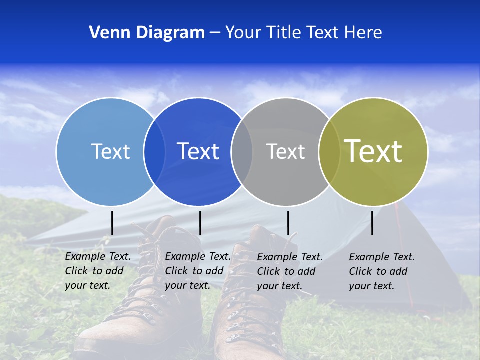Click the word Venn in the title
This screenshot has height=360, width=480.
pos(106,33)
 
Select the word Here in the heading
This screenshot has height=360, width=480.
pos(364,33)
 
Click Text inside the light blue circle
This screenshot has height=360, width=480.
pos(110,151)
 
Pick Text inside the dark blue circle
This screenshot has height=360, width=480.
pos(198,151)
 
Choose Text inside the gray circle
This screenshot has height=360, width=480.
pos(285,151)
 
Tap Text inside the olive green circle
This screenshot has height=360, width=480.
pos(373,151)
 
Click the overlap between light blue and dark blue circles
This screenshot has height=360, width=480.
pos(154,151)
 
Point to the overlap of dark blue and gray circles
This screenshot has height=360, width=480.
pos(242,151)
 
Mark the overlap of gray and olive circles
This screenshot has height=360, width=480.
pos(329,151)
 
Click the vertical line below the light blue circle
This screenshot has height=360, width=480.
pos(112,223)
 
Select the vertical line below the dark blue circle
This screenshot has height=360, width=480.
pos(200,223)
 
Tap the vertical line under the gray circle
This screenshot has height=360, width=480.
pos(288,223)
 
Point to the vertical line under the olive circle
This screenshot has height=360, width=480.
pos(372,223)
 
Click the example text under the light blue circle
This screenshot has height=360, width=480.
pos(97,271)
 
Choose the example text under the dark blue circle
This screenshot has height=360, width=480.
pos(197,271)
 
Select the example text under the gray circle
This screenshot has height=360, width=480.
pos(289,271)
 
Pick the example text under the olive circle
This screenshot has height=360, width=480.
pos(381,271)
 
